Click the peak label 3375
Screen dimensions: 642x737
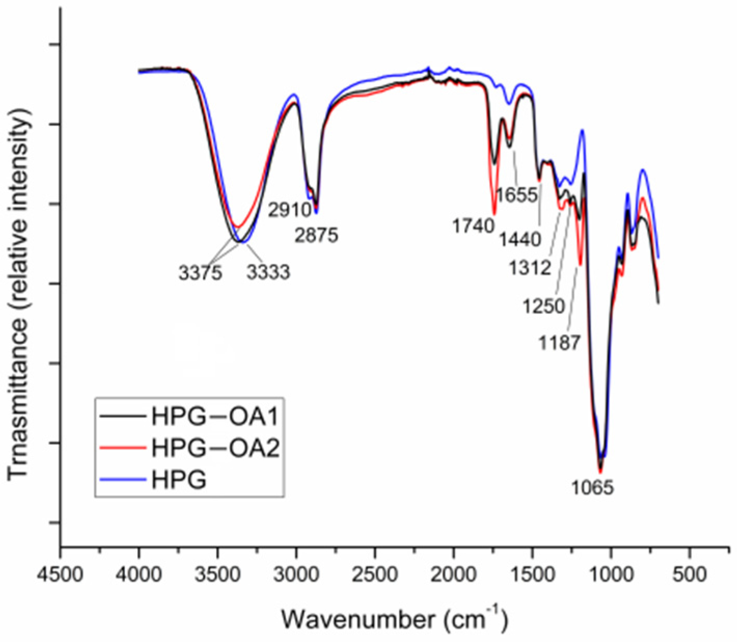pos(200,272)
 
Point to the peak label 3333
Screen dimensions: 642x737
pos(268,272)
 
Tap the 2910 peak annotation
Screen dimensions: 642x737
pos(289,210)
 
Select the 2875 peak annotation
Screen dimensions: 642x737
pos(316,235)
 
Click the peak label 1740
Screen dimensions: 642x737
pos(473,226)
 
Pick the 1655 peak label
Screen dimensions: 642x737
pos(517,195)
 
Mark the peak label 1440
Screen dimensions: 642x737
pos(520,239)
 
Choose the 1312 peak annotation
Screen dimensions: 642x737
pos(530,268)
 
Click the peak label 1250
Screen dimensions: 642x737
pos(544,306)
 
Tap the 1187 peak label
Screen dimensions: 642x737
pos(559,343)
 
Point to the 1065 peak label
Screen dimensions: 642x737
pos(592,487)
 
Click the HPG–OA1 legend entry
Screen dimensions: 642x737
pos(215,416)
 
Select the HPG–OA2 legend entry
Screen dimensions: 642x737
pos(215,447)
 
